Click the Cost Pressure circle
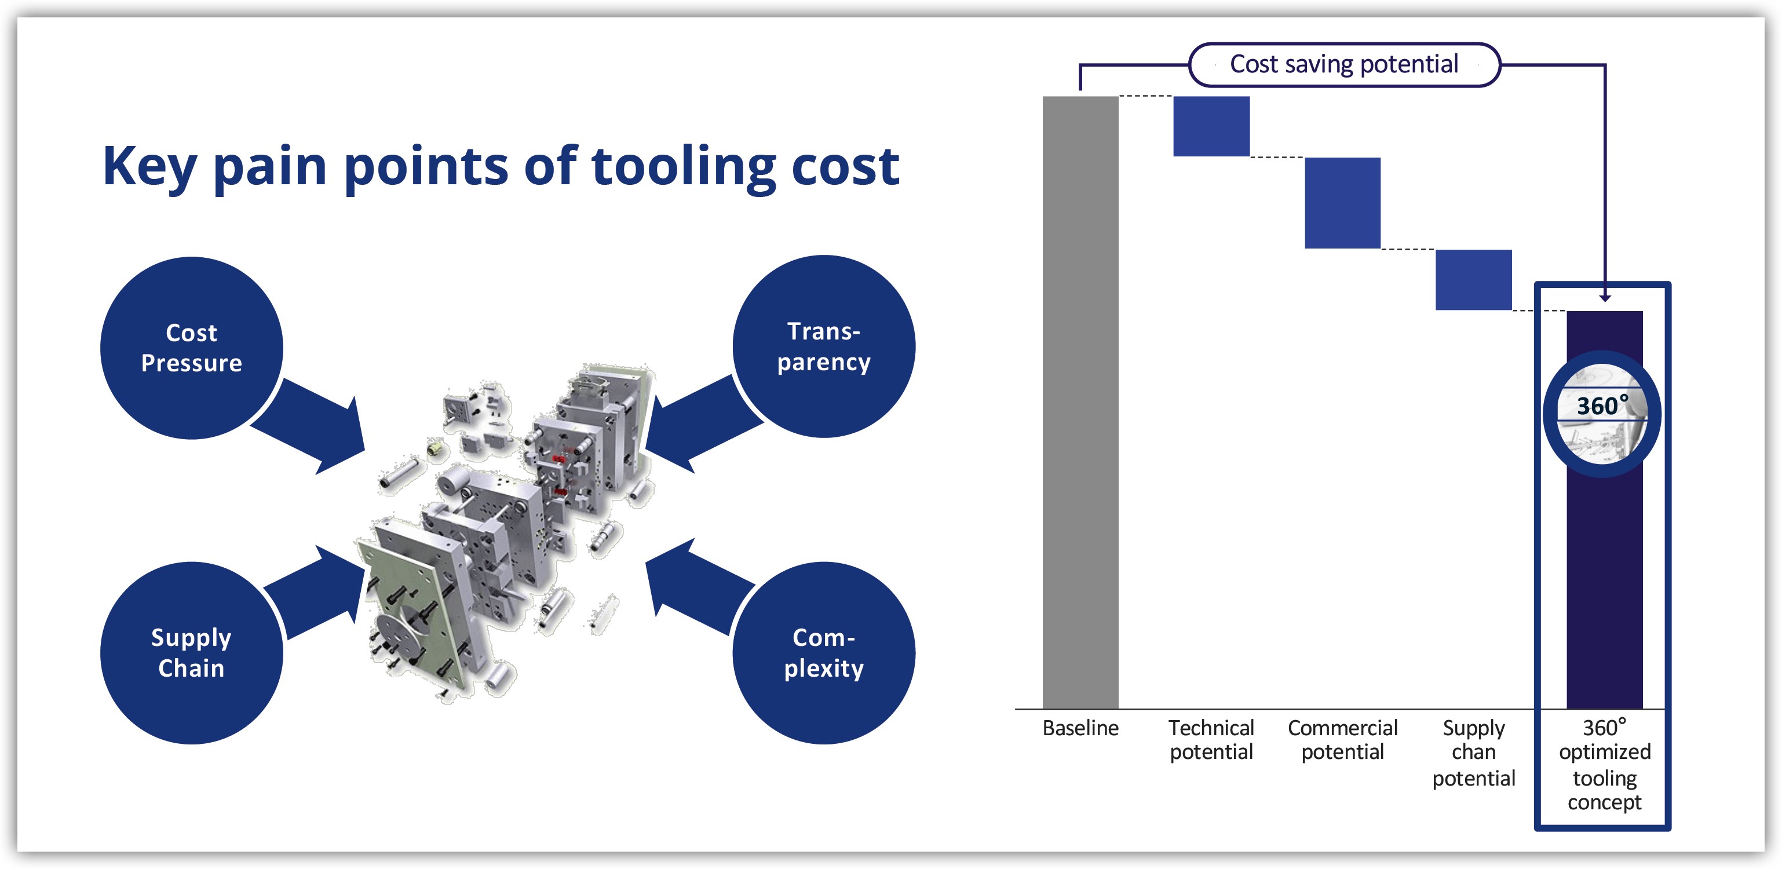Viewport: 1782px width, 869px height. click(191, 348)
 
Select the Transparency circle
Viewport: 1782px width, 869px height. click(823, 346)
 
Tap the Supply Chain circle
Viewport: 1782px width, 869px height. click(191, 652)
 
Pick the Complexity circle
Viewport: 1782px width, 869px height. click(823, 652)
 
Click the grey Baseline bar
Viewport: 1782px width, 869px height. click(1080, 401)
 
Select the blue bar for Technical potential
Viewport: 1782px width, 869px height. click(1211, 126)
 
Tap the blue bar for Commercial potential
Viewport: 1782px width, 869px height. click(1342, 203)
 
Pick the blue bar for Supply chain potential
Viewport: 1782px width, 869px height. click(1473, 279)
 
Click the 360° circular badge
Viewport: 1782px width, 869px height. click(1601, 414)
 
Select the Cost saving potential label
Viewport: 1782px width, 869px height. click(1343, 64)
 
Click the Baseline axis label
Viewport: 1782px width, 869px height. click(1080, 728)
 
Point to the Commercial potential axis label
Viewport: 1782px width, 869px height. click(1342, 740)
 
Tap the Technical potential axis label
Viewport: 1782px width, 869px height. click(1211, 740)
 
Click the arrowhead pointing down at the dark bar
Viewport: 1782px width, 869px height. click(1605, 298)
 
